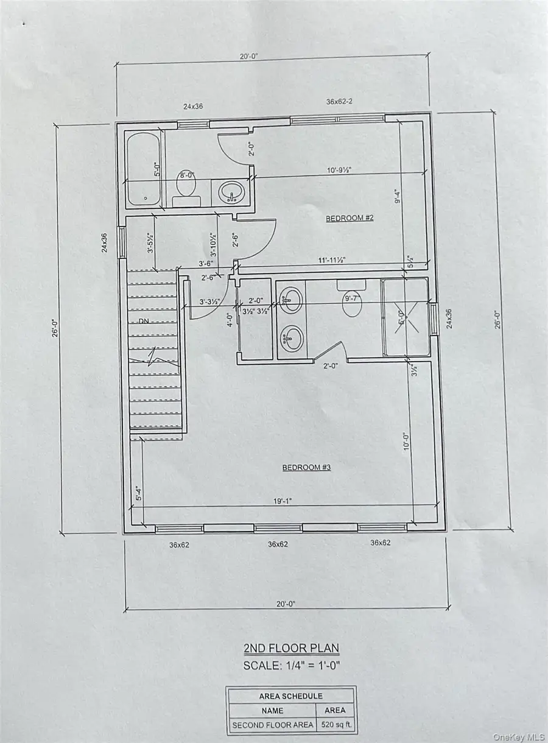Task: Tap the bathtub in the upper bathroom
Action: (x=144, y=169)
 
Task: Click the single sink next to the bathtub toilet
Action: (x=231, y=191)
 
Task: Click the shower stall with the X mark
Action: (x=405, y=317)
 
